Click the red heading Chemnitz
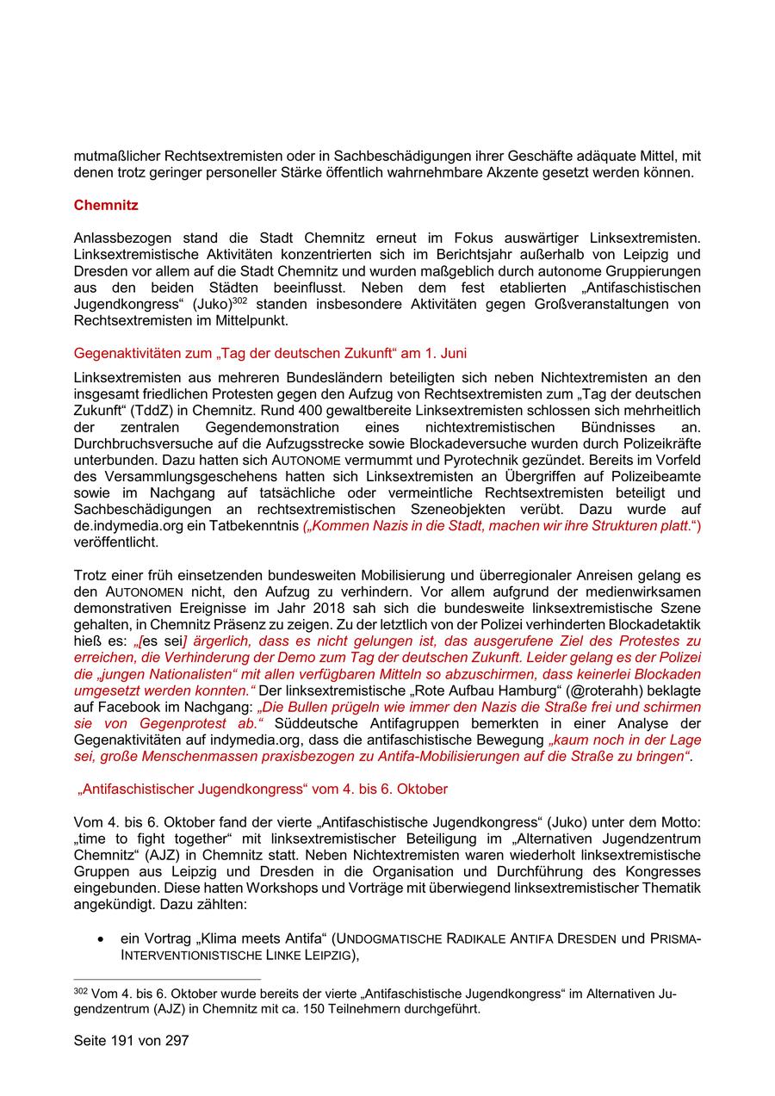point(106,206)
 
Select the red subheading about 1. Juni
point(270,353)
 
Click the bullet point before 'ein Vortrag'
point(102,938)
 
